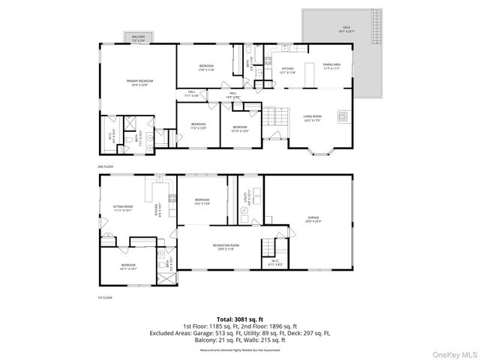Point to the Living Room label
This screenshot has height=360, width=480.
pyautogui.click(x=313, y=116)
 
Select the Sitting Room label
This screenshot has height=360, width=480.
pyautogui.click(x=123, y=210)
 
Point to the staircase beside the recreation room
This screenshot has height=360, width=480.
pyautogui.click(x=268, y=247)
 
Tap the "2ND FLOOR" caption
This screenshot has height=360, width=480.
pyautogui.click(x=104, y=165)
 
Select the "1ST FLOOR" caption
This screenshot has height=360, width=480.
pyautogui.click(x=104, y=298)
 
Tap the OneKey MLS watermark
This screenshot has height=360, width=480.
pyautogui.click(x=452, y=352)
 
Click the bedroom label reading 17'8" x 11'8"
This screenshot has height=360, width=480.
pyautogui.click(x=207, y=68)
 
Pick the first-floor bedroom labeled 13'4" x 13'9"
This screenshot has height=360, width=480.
pyautogui.click(x=202, y=200)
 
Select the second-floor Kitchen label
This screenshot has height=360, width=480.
pyautogui.click(x=288, y=70)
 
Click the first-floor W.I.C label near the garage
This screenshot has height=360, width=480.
pyautogui.click(x=274, y=263)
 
